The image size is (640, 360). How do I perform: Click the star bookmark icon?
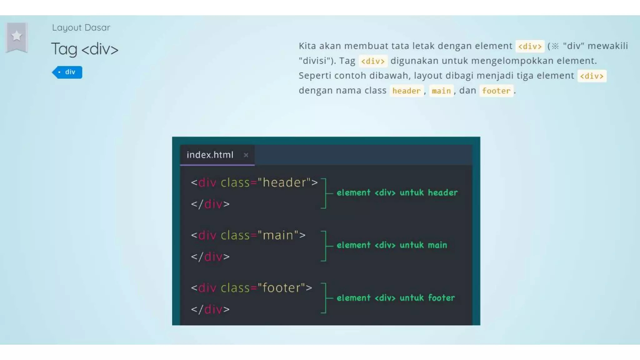(x=17, y=36)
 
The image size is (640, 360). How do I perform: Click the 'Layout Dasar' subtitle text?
(x=81, y=27)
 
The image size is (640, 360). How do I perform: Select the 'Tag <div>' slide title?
(x=85, y=49)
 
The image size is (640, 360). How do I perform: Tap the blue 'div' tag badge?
(x=67, y=72)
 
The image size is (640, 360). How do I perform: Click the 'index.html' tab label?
(x=210, y=155)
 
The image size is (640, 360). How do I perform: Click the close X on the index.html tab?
(x=246, y=155)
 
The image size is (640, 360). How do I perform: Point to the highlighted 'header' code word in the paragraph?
(x=407, y=91)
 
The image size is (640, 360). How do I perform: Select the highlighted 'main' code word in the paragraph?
(x=441, y=91)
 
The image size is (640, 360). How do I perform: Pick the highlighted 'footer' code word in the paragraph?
(x=496, y=91)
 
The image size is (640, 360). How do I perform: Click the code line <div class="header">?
(x=254, y=182)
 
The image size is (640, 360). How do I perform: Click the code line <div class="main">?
(x=248, y=235)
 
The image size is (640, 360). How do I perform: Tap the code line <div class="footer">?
(x=252, y=288)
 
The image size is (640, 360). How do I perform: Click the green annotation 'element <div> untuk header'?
(x=397, y=192)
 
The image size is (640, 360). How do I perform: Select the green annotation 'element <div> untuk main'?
(x=392, y=245)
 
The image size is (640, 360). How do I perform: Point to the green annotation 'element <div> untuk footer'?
(x=396, y=298)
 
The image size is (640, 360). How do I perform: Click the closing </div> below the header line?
(x=210, y=204)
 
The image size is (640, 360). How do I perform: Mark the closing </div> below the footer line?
(x=210, y=309)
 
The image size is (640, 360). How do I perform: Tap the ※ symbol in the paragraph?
(x=555, y=46)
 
